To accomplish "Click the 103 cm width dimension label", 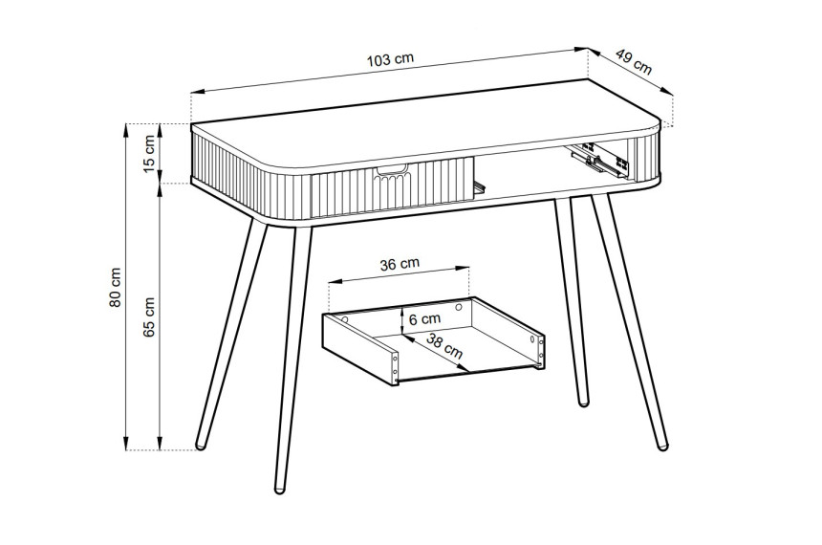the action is (x=390, y=59).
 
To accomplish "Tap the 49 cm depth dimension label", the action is (x=634, y=62).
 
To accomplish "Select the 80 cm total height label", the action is (x=116, y=288).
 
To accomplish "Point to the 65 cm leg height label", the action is (x=149, y=316).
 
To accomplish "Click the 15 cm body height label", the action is (x=149, y=153).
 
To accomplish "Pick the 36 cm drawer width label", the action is (x=400, y=264).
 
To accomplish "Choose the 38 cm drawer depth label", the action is (x=444, y=347).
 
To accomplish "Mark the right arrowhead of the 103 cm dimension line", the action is (x=582, y=50).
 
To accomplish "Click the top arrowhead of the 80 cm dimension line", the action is (x=126, y=130).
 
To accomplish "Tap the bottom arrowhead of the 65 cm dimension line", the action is (x=160, y=444).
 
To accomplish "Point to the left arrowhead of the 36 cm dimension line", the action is (x=335, y=281).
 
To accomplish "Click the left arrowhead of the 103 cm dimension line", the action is (x=198, y=92).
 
